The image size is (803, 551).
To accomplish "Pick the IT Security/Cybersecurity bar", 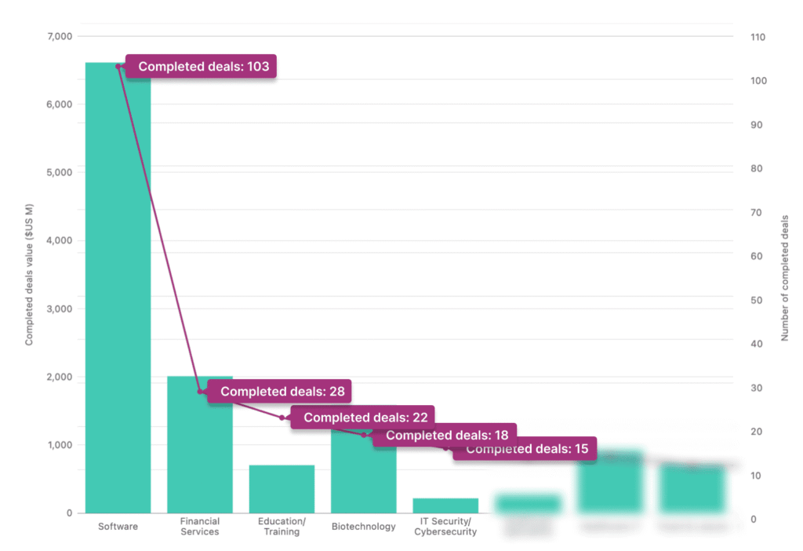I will [x=445, y=505].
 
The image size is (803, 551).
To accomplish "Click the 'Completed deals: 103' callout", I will [x=203, y=67].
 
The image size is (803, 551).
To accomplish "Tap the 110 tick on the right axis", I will [x=758, y=37].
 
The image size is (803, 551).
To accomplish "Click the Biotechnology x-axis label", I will [x=363, y=526].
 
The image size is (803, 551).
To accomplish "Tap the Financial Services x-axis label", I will [x=199, y=527].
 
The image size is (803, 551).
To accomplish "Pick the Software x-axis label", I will [x=118, y=526].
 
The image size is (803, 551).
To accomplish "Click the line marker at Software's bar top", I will [x=118, y=66].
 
